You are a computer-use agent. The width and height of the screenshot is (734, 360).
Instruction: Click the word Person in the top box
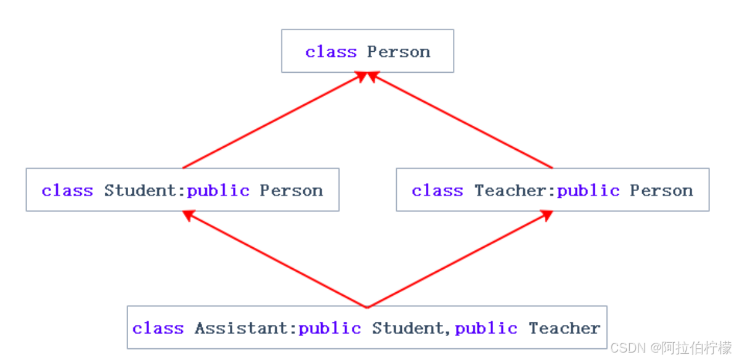click(x=399, y=52)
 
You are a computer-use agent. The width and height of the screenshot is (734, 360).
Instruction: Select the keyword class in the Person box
click(x=331, y=52)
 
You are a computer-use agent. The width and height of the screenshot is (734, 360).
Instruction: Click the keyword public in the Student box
click(x=218, y=190)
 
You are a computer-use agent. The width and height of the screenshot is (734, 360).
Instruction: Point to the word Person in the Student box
click(x=291, y=190)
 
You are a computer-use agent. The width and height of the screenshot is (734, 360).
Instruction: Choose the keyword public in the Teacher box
click(x=588, y=190)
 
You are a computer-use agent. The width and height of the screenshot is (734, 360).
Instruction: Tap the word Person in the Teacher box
click(x=661, y=190)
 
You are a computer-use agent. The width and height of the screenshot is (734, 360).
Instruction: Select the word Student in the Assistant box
click(x=406, y=329)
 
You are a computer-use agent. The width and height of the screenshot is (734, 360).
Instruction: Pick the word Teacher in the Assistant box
click(x=564, y=329)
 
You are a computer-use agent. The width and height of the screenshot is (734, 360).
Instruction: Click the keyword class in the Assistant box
click(x=158, y=329)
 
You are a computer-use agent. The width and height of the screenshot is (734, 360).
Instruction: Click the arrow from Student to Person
click(x=271, y=121)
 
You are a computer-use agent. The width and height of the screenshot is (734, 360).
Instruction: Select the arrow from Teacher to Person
click(x=462, y=121)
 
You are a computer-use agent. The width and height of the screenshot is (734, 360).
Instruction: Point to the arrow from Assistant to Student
click(x=274, y=259)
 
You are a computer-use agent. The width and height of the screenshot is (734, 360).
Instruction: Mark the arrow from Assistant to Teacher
click(x=459, y=259)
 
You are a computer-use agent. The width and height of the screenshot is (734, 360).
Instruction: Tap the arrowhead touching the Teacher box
click(x=546, y=215)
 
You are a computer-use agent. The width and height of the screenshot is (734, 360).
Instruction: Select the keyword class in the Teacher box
click(x=437, y=190)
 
